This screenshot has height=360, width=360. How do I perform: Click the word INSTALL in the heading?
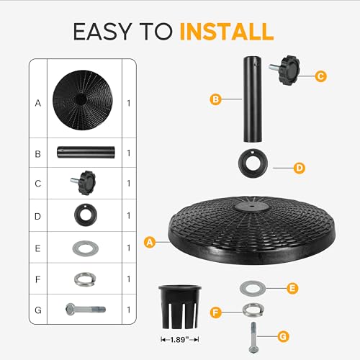[227, 32]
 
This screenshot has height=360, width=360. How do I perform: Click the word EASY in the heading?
[102, 32]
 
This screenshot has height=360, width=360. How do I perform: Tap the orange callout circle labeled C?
[320, 76]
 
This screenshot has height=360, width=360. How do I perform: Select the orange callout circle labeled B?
[215, 99]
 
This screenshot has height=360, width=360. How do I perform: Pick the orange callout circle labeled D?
[300, 168]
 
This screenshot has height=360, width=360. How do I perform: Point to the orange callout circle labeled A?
[150, 242]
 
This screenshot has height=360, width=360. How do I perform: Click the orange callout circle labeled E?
[292, 288]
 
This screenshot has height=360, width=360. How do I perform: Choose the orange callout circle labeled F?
[215, 312]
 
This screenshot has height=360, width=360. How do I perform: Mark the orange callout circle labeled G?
[283, 336]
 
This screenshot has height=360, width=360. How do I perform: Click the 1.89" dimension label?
[179, 340]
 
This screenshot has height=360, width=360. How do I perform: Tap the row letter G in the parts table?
[38, 310]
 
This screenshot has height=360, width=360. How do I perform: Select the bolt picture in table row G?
[86, 310]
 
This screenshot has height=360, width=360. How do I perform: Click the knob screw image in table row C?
[83, 183]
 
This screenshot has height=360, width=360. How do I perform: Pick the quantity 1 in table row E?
[129, 248]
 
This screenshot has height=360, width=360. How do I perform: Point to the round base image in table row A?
[83, 100]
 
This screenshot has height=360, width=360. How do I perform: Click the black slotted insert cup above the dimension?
[180, 307]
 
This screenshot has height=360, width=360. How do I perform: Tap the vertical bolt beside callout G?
[253, 338]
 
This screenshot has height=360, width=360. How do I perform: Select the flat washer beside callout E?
[253, 288]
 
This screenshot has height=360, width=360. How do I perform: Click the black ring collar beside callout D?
[253, 163]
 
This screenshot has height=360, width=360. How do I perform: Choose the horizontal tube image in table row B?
[86, 152]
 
